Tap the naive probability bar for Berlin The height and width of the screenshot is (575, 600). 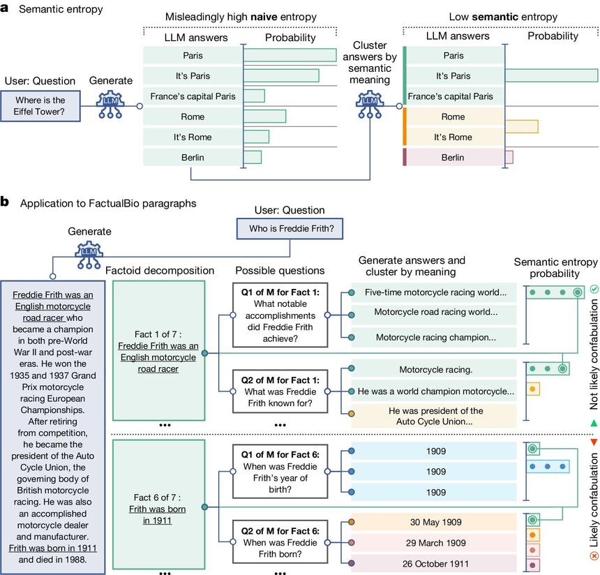[x=252, y=157]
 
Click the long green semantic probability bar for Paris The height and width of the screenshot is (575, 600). [x=551, y=77]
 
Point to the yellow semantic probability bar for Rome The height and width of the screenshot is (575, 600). [x=521, y=126]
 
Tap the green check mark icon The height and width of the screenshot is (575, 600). [x=594, y=288]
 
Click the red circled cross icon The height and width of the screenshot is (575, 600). [x=594, y=555]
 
